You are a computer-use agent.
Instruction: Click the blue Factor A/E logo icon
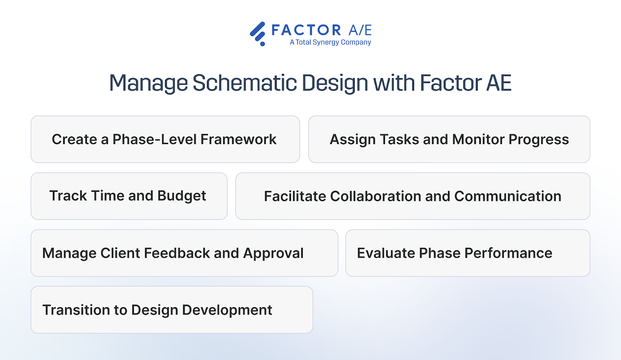[258, 33]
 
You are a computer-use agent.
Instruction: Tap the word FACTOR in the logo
[306, 30]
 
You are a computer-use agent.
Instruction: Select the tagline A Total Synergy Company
[330, 42]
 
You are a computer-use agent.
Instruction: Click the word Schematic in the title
[245, 83]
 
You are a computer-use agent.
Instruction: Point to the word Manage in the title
[149, 83]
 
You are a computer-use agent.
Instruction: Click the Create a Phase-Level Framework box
[165, 139]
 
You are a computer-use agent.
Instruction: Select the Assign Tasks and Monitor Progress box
[449, 139]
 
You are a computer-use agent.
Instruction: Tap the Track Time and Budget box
[129, 196]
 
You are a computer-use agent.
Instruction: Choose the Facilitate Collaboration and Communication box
[413, 196]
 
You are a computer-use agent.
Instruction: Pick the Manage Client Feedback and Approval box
[184, 253]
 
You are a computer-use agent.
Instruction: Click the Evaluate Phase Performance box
[468, 253]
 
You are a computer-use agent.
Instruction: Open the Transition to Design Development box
[172, 310]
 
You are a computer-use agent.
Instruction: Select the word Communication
[508, 196]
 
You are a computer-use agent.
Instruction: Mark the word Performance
[508, 253]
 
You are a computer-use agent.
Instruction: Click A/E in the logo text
[360, 30]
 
